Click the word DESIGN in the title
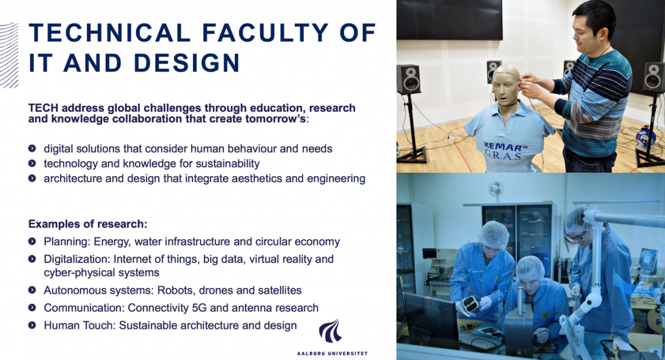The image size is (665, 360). click(187, 62)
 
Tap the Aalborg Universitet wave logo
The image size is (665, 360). click(331, 331)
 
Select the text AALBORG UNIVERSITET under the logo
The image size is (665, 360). click(332, 354)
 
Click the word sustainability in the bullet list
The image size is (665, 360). click(228, 164)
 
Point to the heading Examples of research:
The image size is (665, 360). click(88, 224)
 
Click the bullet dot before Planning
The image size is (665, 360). click(32, 241)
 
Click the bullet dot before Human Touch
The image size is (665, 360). click(32, 325)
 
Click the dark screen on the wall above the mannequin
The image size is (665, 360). click(449, 20)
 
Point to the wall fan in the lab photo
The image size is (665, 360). click(496, 189)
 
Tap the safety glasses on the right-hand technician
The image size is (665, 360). click(576, 236)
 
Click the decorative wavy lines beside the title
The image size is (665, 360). click(9, 55)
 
